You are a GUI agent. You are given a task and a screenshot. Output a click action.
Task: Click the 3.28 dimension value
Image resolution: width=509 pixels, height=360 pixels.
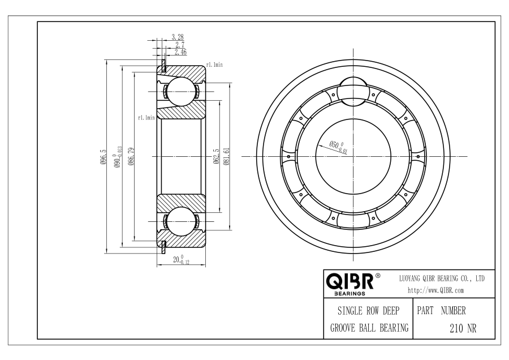coord(178,37)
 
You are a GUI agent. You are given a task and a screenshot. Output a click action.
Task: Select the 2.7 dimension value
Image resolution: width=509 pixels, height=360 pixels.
coord(180,45)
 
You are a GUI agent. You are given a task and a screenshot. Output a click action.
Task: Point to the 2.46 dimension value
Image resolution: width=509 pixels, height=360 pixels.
coord(180,52)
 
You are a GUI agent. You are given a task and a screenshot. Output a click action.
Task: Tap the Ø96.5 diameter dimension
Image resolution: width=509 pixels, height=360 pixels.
coord(103,156)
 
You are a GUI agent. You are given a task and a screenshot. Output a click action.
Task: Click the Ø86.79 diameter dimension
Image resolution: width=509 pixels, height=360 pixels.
coord(131,156)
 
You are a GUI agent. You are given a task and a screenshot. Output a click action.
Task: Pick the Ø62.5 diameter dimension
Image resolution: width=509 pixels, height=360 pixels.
coord(217,156)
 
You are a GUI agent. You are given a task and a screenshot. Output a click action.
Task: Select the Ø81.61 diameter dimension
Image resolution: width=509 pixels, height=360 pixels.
coord(226,156)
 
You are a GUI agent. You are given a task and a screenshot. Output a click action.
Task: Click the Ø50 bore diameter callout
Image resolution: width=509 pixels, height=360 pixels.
coord(338,147)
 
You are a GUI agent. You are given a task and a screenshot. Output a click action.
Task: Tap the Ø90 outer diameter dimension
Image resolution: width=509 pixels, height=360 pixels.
coord(118,157)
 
